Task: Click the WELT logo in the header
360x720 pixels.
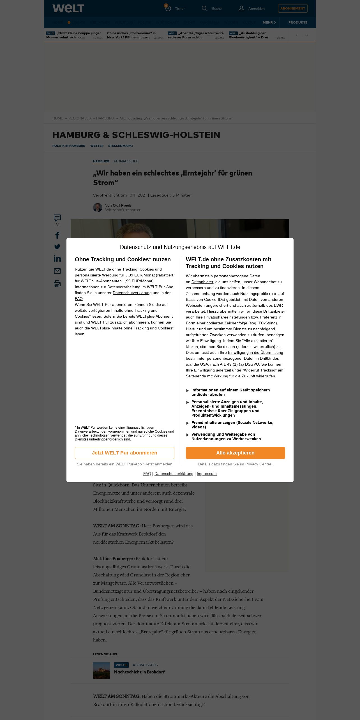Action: click(x=68, y=8)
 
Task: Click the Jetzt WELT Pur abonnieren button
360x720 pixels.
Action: click(x=124, y=453)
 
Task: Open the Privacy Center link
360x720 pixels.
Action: click(x=258, y=464)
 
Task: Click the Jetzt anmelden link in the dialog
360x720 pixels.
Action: click(x=159, y=464)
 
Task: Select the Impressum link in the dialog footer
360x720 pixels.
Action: click(x=207, y=474)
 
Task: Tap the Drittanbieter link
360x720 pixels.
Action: click(x=202, y=282)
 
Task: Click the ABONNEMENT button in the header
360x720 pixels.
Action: click(x=293, y=8)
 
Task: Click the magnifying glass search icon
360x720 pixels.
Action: click(x=205, y=8)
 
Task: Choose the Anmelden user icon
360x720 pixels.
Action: click(x=241, y=8)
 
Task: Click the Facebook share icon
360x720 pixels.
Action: click(x=57, y=235)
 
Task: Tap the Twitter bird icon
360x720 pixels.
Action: click(x=57, y=247)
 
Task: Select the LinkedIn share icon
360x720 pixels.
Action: click(x=57, y=259)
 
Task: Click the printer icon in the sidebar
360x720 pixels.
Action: click(x=57, y=284)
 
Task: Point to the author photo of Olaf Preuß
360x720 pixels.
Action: click(x=98, y=207)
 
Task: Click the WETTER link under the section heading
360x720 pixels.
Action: click(x=97, y=146)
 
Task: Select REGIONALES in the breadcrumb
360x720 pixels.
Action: click(x=80, y=118)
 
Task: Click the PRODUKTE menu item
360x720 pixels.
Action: click(x=298, y=22)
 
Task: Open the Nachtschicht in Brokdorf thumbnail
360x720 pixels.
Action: click(x=101, y=670)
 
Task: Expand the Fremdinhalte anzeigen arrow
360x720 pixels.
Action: click(x=188, y=423)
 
